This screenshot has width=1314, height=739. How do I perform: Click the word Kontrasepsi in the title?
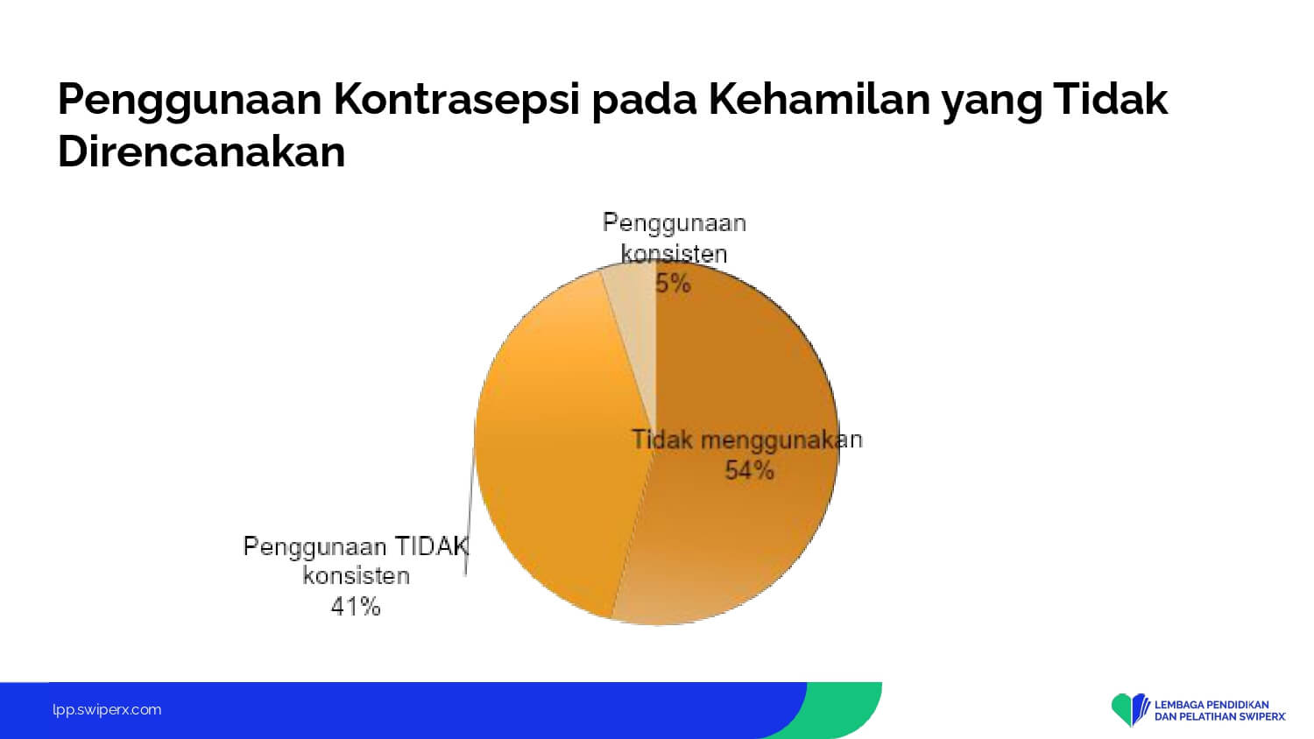[456, 101]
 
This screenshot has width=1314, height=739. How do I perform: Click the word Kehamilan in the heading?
[819, 99]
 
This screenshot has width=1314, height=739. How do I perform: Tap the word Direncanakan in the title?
[201, 151]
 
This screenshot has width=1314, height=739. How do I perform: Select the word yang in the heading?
[992, 102]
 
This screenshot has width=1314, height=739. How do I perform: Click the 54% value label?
[749, 470]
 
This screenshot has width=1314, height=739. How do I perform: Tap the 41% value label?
[356, 606]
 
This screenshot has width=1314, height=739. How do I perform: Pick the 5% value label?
[674, 284]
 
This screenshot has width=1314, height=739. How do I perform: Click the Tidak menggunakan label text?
[746, 440]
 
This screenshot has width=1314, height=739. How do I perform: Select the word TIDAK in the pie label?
[432, 546]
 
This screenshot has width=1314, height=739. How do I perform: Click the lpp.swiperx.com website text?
[107, 710]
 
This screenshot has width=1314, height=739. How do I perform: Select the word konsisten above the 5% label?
[674, 254]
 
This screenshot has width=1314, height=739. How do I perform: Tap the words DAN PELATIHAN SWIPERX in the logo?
[1220, 717]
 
